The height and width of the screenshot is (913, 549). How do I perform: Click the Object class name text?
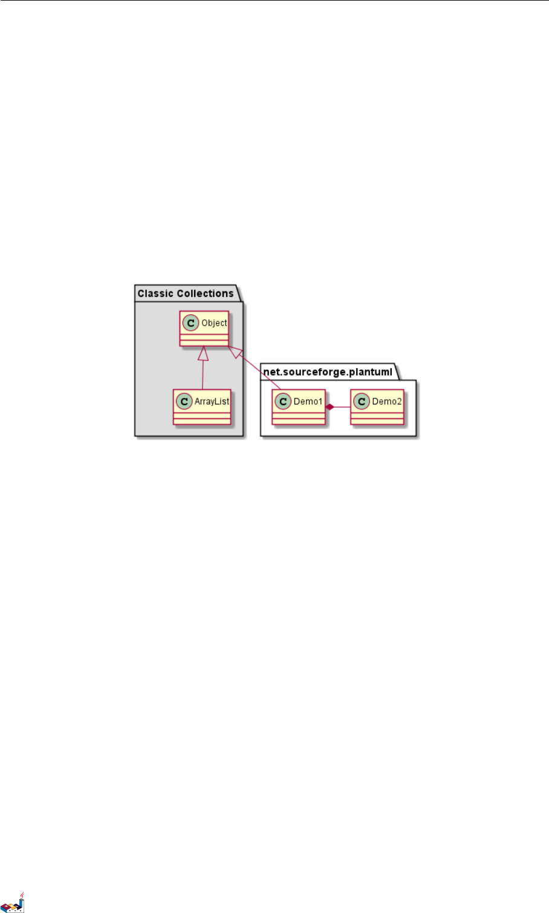click(214, 323)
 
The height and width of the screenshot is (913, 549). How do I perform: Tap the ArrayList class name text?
click(212, 401)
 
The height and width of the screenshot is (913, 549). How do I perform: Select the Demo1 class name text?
click(308, 401)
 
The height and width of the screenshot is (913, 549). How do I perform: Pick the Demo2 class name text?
click(387, 401)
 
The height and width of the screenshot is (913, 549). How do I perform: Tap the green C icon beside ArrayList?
click(184, 401)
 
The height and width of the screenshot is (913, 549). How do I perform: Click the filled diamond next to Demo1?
click(330, 407)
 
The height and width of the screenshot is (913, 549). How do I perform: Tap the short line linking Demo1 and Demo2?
click(342, 407)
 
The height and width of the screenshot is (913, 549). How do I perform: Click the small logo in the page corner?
click(13, 903)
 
